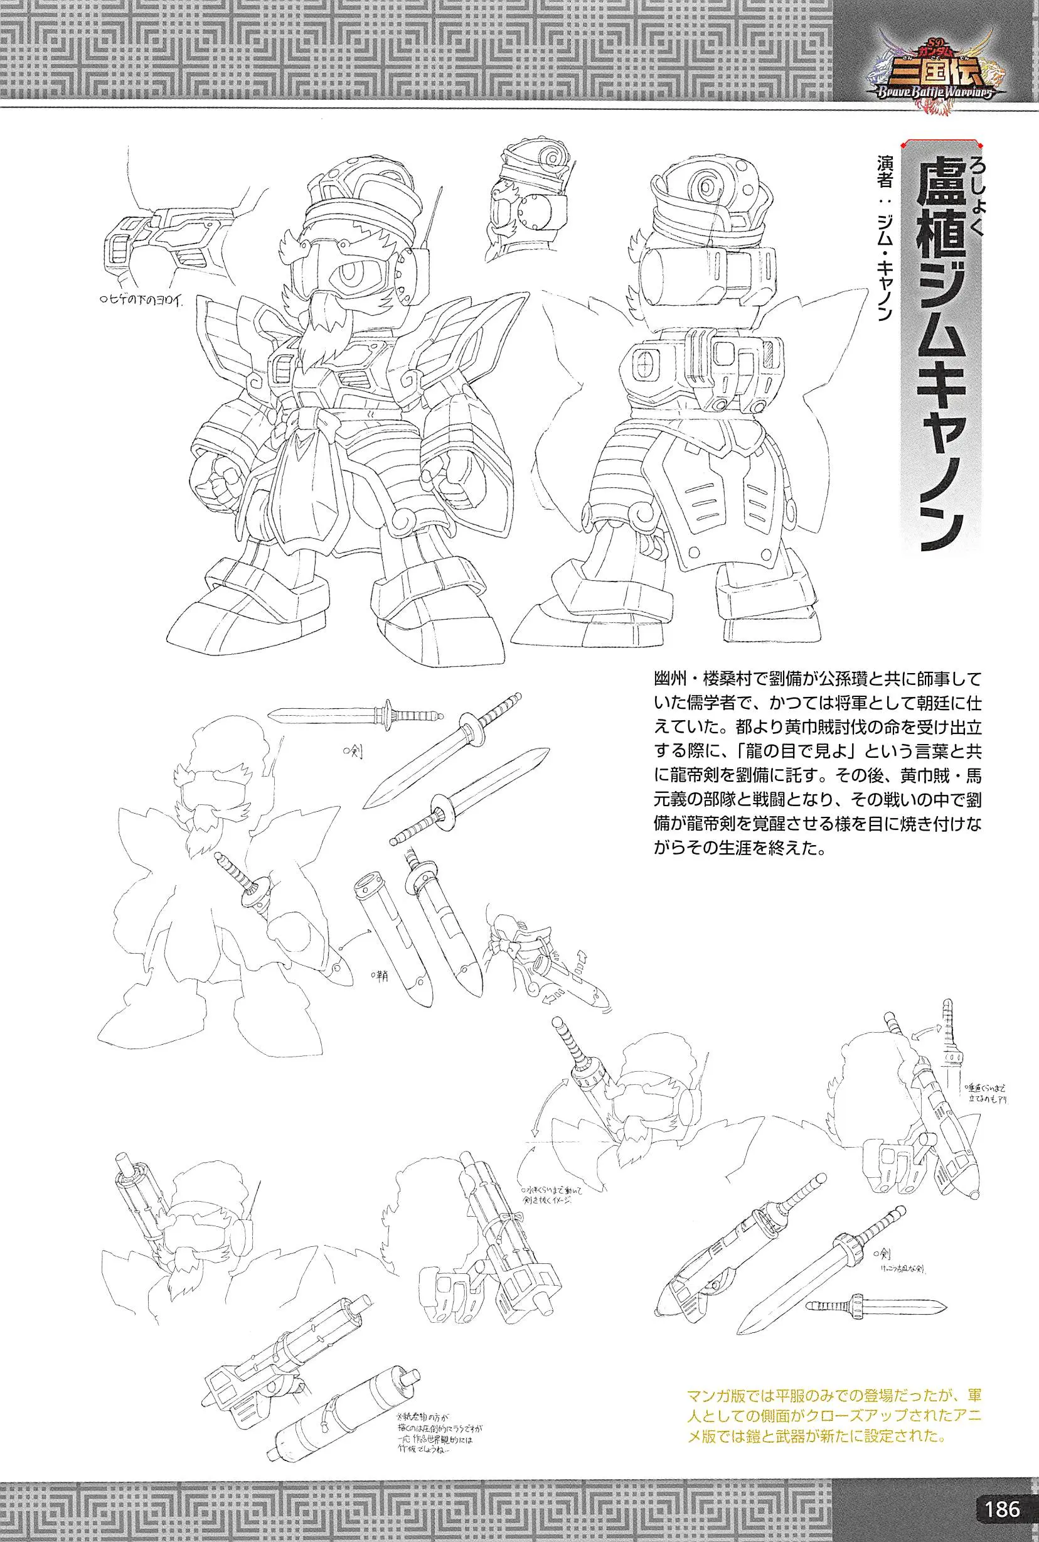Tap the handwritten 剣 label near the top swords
[353, 755]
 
